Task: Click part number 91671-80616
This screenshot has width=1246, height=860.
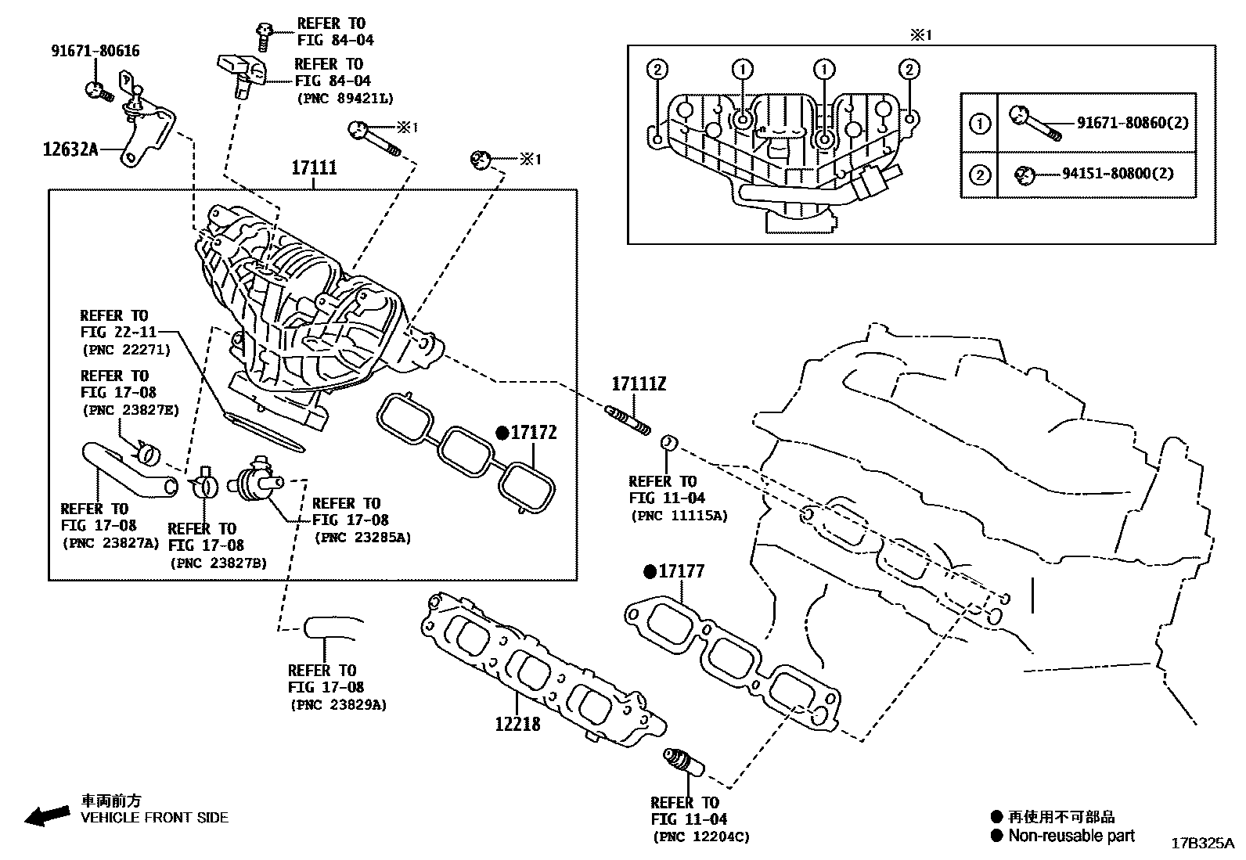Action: point(95,51)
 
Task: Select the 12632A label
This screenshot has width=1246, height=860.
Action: point(70,148)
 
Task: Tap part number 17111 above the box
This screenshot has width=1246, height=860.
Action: point(314,167)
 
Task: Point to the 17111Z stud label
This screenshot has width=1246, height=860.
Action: point(639,384)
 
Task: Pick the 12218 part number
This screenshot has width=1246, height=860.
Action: point(517,724)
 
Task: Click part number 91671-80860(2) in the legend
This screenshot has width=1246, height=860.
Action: point(1133,123)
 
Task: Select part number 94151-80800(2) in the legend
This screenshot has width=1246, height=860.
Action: point(1118,174)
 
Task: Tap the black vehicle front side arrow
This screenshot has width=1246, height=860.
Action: point(46,815)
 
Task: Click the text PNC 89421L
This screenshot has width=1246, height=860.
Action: point(344,99)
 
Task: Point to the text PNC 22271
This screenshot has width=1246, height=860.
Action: point(125,350)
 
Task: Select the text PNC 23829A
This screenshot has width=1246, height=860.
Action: point(337,704)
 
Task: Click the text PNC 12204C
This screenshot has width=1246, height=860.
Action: point(700,837)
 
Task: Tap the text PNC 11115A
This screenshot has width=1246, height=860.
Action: point(679,516)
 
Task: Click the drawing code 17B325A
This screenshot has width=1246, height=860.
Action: point(1202,844)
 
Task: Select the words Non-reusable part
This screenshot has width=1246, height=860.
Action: point(1071,836)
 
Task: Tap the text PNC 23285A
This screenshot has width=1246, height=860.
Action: point(362,538)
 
